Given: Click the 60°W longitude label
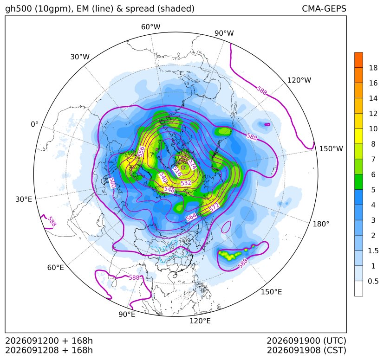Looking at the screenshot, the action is pyautogui.click(x=150, y=27).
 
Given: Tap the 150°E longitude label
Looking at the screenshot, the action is pyautogui.click(x=271, y=292).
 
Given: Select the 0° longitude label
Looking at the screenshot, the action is pyautogui.click(x=34, y=124).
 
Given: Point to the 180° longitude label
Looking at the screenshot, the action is pyautogui.click(x=321, y=224).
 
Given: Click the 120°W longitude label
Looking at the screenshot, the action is pyautogui.click(x=299, y=80).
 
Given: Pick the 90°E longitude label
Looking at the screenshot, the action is pyautogui.click(x=127, y=315).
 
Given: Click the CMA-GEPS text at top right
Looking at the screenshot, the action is pyautogui.click(x=324, y=8).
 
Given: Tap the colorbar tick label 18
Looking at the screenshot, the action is pyautogui.click(x=373, y=68).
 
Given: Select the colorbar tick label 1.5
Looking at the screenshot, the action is pyautogui.click(x=373, y=251).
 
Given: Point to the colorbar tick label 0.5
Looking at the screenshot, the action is pyautogui.click(x=373, y=281).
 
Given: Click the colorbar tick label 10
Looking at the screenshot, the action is pyautogui.click(x=373, y=129).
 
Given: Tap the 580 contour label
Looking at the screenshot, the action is pyautogui.click(x=112, y=183).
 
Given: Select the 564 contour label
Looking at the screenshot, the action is pyautogui.click(x=191, y=217).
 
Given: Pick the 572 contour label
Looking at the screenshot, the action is pyautogui.click(x=214, y=207).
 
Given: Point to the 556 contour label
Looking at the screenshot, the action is pyautogui.click(x=141, y=152).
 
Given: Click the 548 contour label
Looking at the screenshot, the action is pyautogui.click(x=169, y=189).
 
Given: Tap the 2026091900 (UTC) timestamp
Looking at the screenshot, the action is pyautogui.click(x=306, y=341).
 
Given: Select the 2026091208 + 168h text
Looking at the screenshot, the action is pyautogui.click(x=49, y=350).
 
